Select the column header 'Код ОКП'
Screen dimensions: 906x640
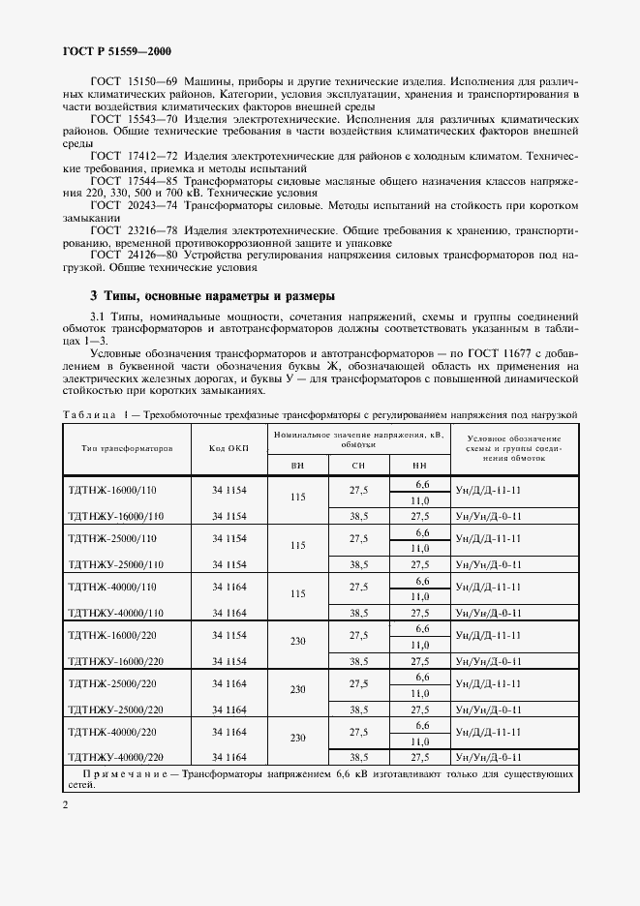click(229, 448)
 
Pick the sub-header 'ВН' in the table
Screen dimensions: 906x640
click(297, 466)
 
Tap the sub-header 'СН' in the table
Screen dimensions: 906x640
click(358, 466)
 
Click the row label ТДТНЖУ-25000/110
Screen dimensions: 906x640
click(115, 564)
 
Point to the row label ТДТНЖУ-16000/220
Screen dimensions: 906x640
click(115, 661)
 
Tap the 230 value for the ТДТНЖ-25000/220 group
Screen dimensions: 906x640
click(297, 690)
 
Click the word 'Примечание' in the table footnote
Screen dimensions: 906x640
click(133, 775)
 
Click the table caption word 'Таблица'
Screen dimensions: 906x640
click(90, 414)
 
